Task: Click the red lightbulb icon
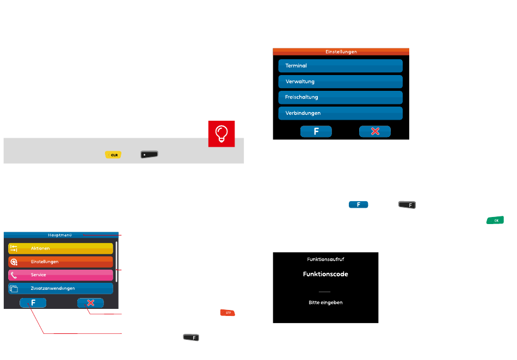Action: [x=221, y=134]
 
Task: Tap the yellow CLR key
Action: [x=114, y=155]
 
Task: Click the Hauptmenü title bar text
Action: [x=60, y=235]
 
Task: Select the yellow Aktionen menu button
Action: [x=60, y=249]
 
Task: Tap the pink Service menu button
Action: [x=60, y=275]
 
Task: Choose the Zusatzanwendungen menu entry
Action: [x=60, y=288]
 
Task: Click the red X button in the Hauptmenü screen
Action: [x=90, y=303]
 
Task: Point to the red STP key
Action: [x=227, y=313]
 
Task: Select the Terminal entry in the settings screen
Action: [x=340, y=66]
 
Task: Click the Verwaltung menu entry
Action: [x=340, y=82]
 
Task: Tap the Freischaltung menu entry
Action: [x=340, y=97]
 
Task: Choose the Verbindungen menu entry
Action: [x=340, y=113]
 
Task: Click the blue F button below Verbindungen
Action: [x=316, y=132]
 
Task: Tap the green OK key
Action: [x=495, y=220]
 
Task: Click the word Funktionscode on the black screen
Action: [x=325, y=274]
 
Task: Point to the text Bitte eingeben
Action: [x=325, y=302]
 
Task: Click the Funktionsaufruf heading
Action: [x=325, y=259]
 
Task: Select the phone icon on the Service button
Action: [x=14, y=275]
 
